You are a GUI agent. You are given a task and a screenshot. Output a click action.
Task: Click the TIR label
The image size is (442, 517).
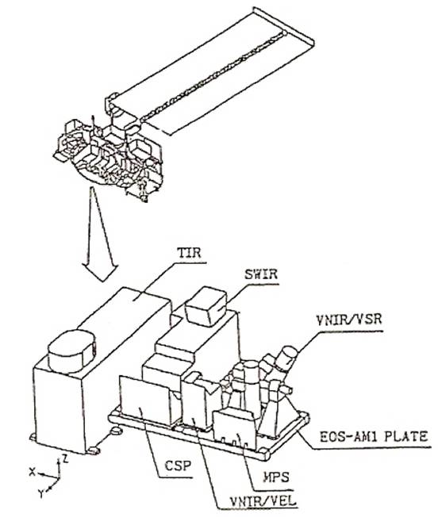pos(190,253)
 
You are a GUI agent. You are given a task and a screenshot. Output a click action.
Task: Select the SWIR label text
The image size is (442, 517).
pos(261,274)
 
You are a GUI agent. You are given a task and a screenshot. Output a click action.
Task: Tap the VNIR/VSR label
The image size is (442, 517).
pos(348,320)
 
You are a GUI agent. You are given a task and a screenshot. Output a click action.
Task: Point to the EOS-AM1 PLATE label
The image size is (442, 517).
pos(374,437)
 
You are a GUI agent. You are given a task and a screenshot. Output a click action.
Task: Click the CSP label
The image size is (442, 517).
pos(178,466)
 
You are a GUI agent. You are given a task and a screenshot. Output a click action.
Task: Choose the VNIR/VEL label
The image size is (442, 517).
pos(263,502)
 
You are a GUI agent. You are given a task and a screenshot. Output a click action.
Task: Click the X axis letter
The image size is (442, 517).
pos(33,472)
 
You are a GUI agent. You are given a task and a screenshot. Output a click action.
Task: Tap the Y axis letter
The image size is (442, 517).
pos(41,493)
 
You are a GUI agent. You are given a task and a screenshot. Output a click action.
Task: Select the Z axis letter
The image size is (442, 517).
pos(65,458)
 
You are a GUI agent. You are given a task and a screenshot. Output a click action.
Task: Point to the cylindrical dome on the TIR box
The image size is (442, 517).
pos(72,350)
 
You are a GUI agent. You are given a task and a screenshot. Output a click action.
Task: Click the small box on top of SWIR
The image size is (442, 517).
pos(206,306)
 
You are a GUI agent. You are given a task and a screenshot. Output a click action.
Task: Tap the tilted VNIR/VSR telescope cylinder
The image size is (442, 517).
pos(286,358)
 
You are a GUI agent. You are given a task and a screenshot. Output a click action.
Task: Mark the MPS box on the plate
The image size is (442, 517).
pos(235,427)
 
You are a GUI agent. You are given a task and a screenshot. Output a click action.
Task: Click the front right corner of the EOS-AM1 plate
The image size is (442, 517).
pos(267,456)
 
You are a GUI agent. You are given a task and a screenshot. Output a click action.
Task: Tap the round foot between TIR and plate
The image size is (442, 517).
pos(115,431)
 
